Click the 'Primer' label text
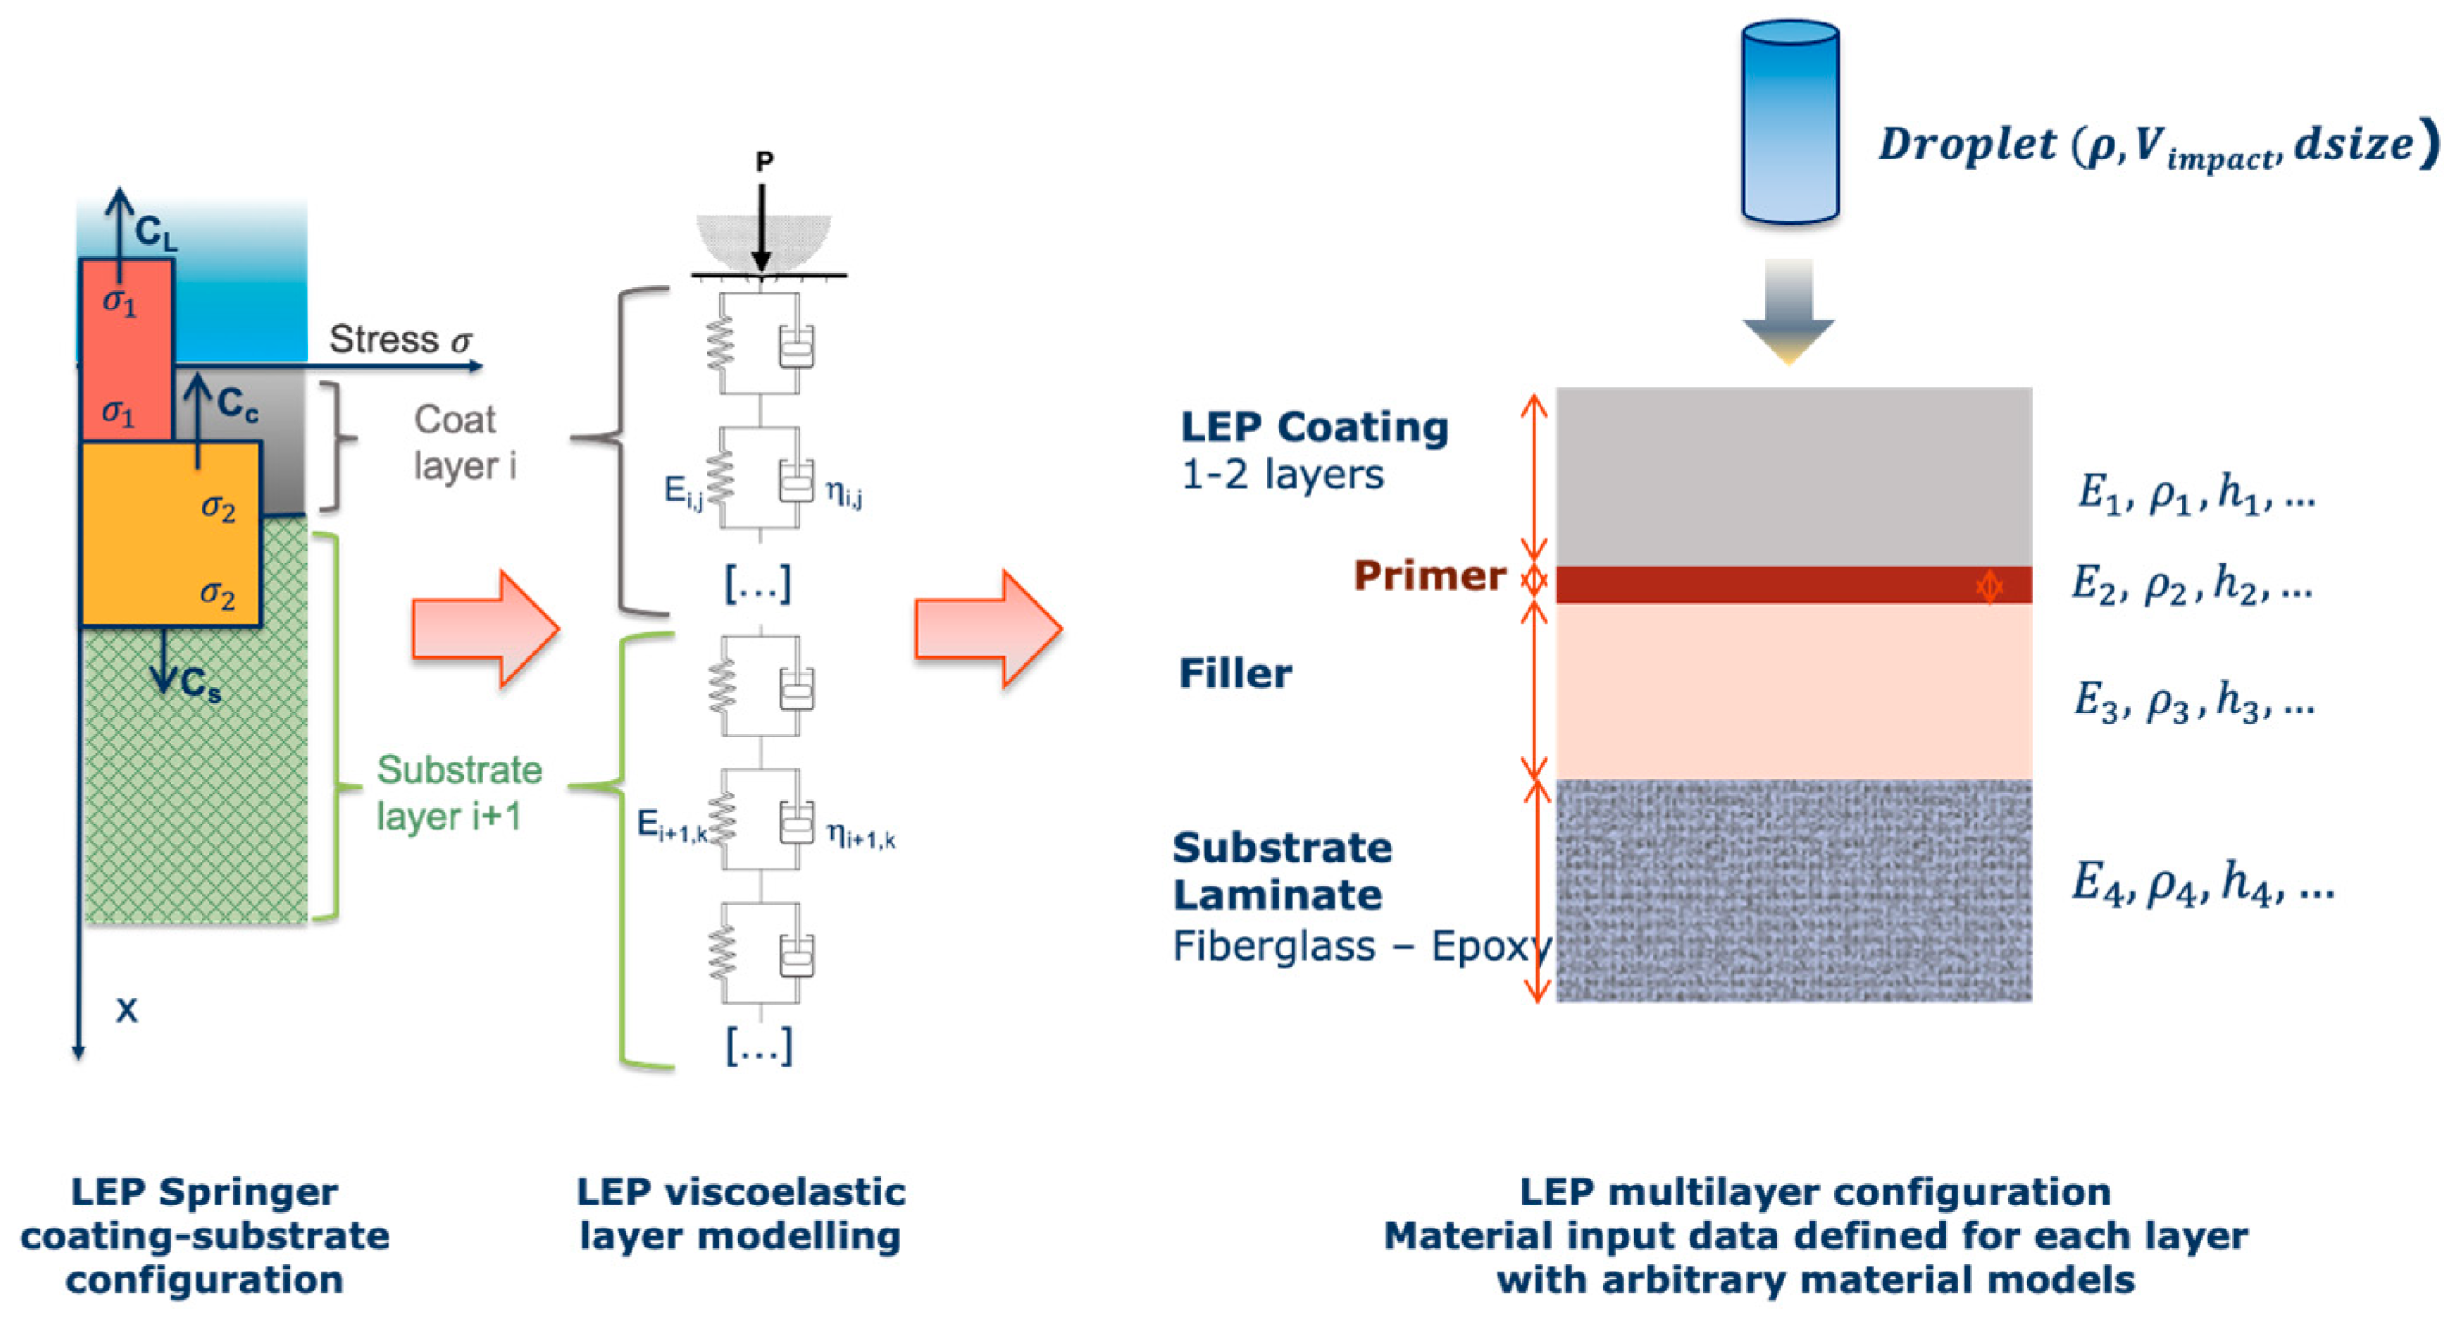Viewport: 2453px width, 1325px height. click(1429, 575)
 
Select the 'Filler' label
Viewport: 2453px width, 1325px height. click(1235, 674)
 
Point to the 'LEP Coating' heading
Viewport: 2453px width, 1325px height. click(1314, 427)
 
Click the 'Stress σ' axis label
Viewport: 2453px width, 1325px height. click(400, 339)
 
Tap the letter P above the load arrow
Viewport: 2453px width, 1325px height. click(763, 163)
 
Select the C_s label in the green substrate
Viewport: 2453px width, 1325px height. click(200, 683)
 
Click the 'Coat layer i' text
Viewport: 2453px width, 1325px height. click(464, 444)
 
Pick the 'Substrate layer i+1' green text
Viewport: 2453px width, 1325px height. click(459, 793)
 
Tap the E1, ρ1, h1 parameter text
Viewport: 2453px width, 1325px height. click(2195, 493)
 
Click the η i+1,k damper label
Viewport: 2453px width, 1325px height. click(861, 836)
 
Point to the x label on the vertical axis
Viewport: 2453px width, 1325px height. click(127, 1010)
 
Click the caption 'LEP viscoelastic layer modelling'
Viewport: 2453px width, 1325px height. click(740, 1214)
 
